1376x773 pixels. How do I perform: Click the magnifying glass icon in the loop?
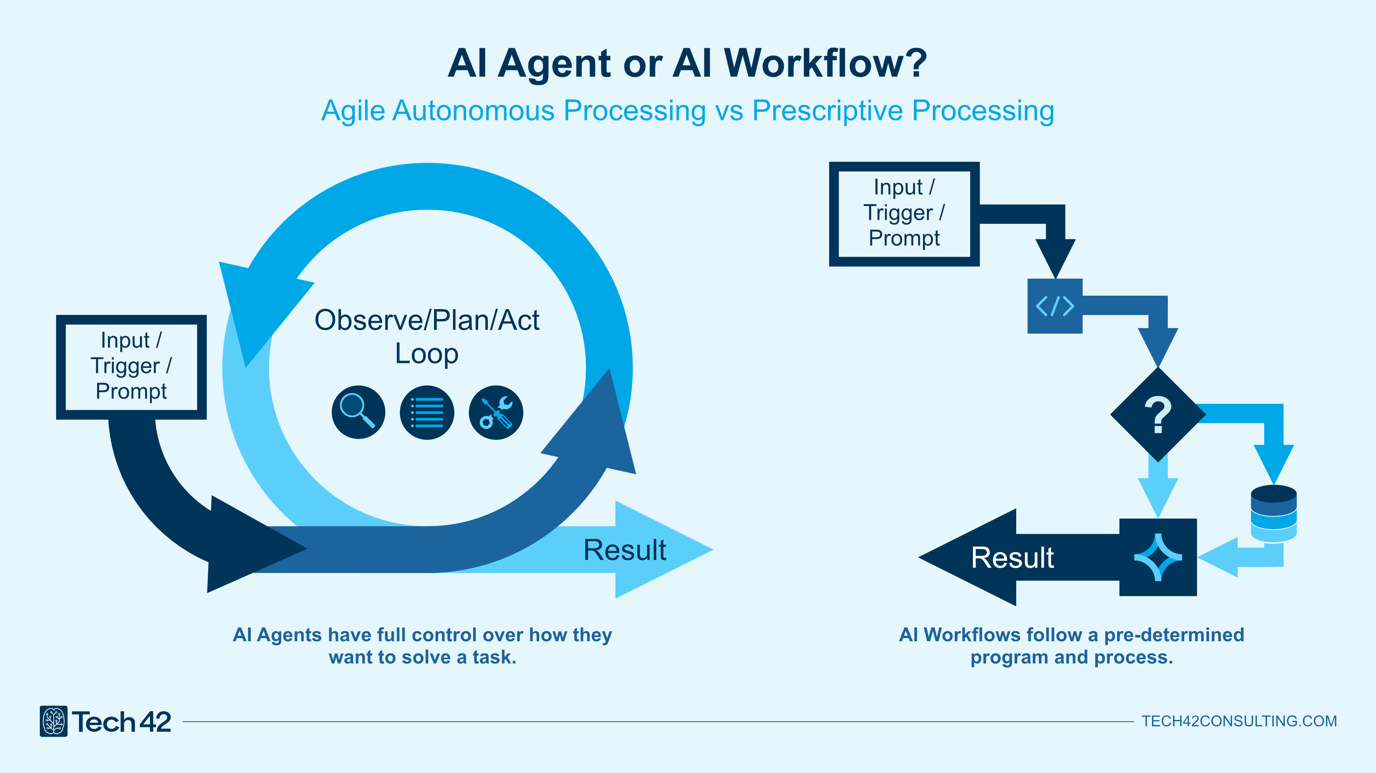[358, 412]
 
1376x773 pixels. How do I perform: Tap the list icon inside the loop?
[427, 412]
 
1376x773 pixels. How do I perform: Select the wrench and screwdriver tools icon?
[496, 412]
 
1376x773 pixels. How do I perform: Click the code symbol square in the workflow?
[1055, 306]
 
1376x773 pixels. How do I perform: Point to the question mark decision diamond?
[1157, 414]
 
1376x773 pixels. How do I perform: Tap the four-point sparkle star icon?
[1157, 557]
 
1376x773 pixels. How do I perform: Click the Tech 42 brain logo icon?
[53, 721]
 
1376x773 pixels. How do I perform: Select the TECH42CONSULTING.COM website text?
[1239, 721]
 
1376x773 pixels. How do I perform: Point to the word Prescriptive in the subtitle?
[827, 111]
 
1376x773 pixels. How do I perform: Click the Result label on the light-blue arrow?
[624, 550]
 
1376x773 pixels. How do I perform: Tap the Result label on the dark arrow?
[1012, 558]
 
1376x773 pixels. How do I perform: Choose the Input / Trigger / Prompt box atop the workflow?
[904, 213]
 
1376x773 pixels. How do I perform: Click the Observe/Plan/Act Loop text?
[427, 336]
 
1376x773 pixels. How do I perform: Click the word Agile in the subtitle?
[352, 111]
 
